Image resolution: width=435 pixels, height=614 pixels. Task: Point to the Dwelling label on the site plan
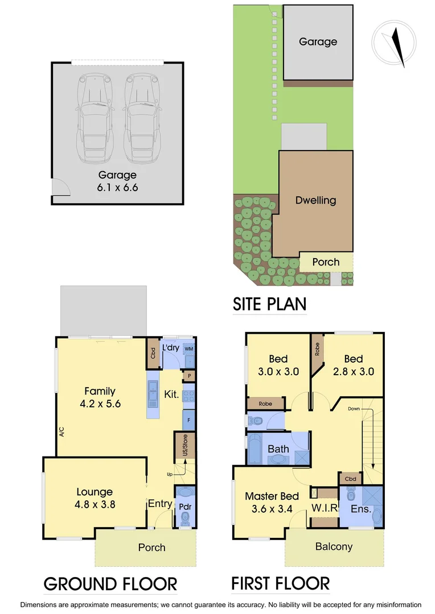click(x=315, y=200)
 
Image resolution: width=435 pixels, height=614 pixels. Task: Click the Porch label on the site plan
click(x=326, y=262)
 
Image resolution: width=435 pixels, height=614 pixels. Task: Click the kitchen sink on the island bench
click(x=153, y=393)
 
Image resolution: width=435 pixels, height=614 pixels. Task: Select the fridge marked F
click(x=188, y=420)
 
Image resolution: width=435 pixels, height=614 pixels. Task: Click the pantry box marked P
click(x=188, y=376)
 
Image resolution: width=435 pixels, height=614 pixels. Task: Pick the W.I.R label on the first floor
click(x=324, y=508)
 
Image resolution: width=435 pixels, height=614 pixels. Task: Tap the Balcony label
click(x=334, y=547)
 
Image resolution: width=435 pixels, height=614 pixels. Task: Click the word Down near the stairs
click(x=354, y=408)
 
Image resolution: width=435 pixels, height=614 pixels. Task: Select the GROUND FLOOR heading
click(x=110, y=584)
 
